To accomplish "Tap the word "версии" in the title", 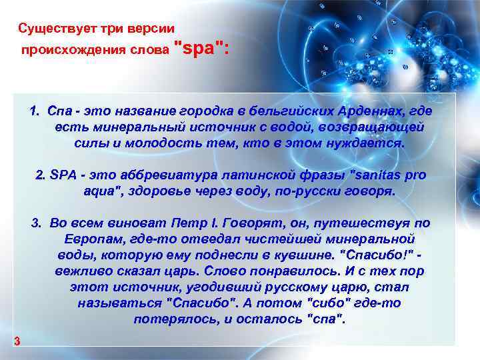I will click(151, 29).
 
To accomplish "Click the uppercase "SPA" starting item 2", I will click(63, 175).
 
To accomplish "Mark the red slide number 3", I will click(17, 342).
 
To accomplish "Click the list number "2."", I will click(39, 175).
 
